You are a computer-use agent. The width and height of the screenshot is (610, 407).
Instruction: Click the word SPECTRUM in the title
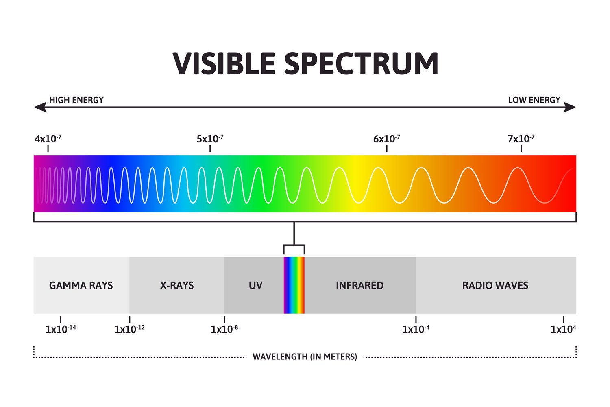point(361,63)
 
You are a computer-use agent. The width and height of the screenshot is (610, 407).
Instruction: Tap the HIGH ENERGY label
point(76,100)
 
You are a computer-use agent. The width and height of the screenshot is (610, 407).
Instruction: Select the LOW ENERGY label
point(534,100)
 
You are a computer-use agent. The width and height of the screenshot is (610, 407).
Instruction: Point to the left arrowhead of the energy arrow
point(40,107)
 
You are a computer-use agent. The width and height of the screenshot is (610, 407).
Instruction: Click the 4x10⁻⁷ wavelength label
point(48,139)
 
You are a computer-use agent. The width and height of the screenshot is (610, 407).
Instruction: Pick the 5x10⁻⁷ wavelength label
point(210,139)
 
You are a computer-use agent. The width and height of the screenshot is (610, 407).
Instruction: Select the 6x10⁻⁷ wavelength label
point(386,139)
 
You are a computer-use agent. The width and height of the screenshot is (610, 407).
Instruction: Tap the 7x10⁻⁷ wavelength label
point(521,139)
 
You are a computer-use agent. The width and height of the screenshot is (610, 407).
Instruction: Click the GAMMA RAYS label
point(81,286)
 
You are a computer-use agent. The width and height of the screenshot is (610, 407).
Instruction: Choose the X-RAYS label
point(177,286)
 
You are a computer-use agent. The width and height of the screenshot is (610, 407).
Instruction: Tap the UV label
point(255,286)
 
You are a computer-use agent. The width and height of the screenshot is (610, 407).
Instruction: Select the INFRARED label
point(359,286)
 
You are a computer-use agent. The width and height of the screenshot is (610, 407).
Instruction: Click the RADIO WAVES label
point(495,286)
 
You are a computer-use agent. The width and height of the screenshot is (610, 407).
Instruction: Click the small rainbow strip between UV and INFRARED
point(294,285)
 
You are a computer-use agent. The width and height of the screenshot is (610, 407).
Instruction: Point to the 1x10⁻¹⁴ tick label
point(61,329)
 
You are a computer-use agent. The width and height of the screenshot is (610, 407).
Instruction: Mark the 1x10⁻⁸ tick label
point(224,329)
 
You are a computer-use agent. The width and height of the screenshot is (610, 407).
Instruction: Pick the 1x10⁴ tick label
point(563,329)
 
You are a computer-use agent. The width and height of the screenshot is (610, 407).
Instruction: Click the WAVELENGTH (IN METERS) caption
point(305,357)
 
